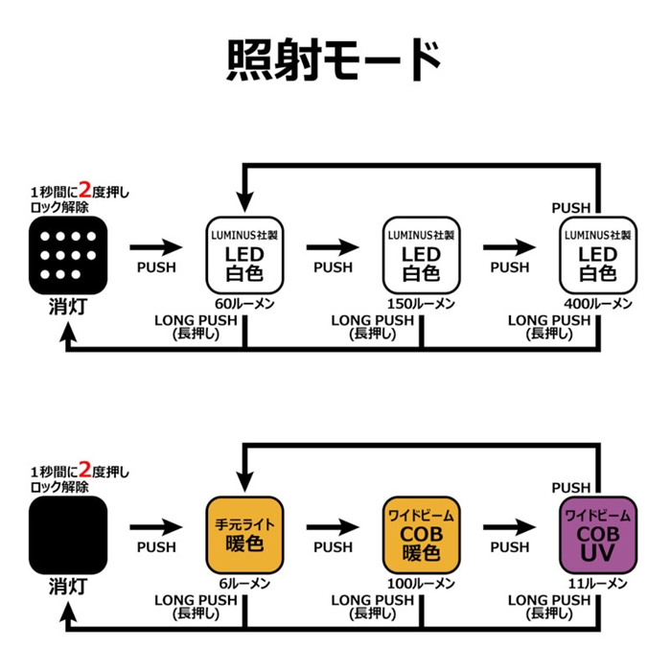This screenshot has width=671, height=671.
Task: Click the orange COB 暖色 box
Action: click(x=421, y=533)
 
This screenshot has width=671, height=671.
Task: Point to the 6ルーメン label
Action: click(x=245, y=582)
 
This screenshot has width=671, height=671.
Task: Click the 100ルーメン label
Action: click(x=421, y=582)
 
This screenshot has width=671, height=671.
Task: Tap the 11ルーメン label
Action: click(x=597, y=582)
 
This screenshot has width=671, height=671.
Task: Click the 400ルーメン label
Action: click(x=597, y=303)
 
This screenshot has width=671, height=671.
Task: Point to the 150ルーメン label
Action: click(x=421, y=303)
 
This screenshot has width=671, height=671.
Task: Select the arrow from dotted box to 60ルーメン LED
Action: click(x=155, y=246)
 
